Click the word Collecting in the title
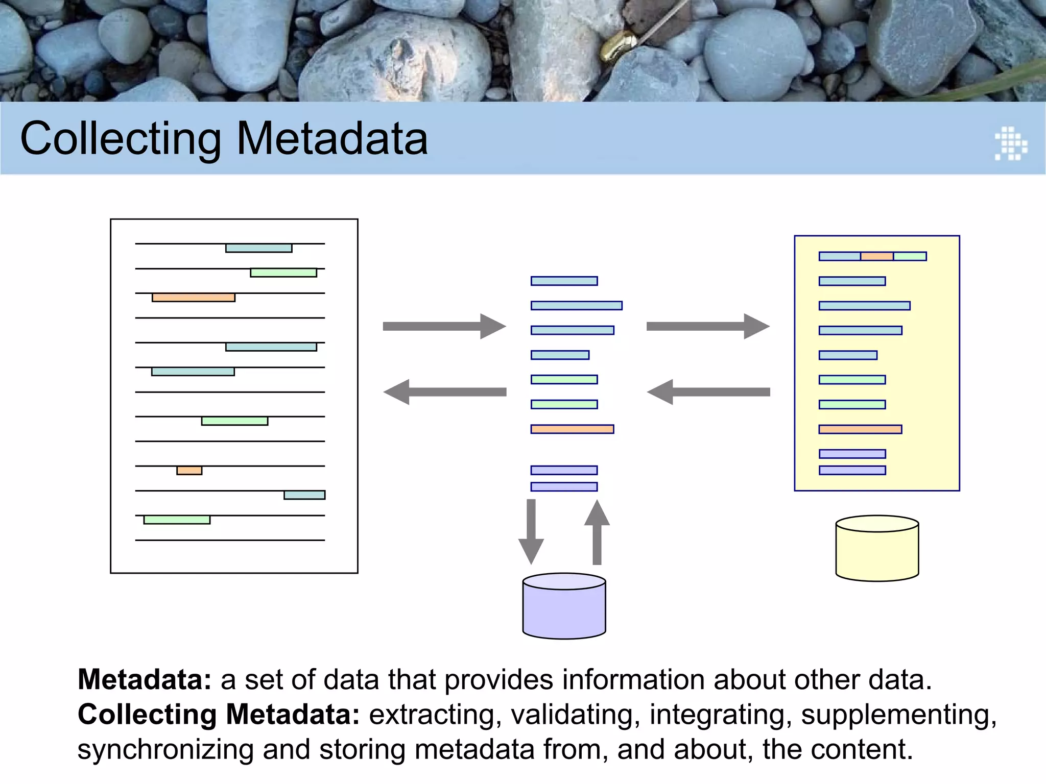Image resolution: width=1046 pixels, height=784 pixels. click(x=121, y=139)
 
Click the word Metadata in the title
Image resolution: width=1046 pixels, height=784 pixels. click(x=332, y=139)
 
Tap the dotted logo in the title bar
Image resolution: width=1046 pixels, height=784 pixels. click(x=1011, y=143)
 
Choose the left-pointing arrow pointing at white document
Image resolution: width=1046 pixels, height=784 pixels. click(x=444, y=392)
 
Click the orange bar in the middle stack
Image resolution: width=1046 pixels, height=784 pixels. click(x=572, y=429)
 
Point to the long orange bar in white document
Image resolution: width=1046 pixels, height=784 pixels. click(x=194, y=298)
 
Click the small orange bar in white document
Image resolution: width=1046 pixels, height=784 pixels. click(x=189, y=471)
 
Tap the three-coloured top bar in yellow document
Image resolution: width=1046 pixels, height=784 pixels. click(x=872, y=256)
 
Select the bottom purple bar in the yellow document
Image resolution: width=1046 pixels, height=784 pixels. click(x=852, y=470)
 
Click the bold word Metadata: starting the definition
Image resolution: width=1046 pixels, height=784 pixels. click(x=145, y=680)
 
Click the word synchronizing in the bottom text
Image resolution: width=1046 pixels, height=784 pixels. click(x=165, y=750)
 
